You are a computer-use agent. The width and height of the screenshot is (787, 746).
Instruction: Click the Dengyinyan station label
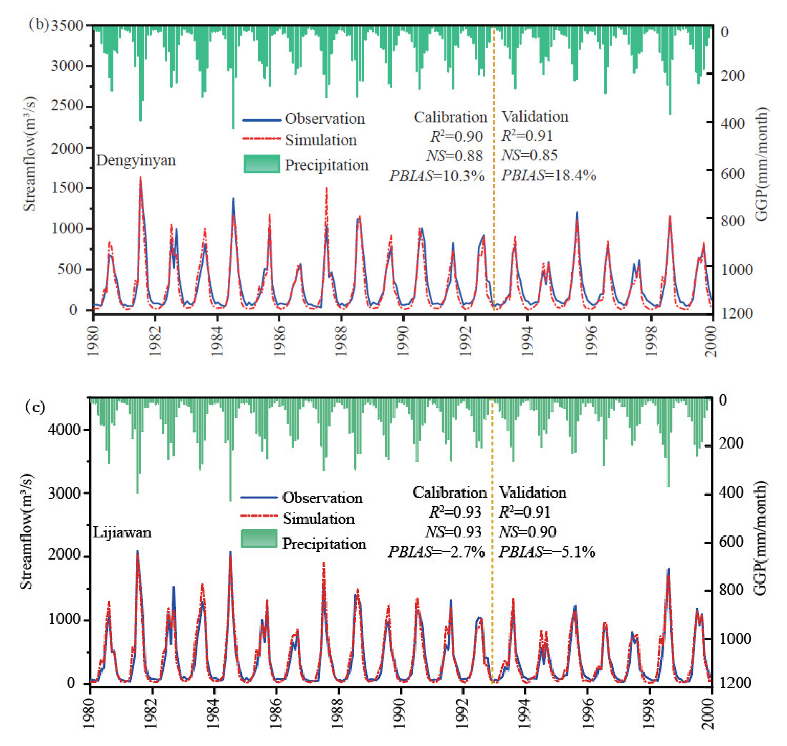tap(136, 160)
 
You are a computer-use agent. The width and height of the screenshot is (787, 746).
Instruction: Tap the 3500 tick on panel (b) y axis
tap(67, 26)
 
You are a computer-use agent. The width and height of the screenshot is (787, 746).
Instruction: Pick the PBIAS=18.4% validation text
tap(548, 175)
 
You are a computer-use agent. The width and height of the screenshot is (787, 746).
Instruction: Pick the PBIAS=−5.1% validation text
tap(547, 552)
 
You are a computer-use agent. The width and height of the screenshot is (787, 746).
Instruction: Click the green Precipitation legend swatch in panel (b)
tap(261, 164)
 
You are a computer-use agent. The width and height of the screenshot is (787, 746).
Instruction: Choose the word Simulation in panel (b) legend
tap(321, 140)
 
